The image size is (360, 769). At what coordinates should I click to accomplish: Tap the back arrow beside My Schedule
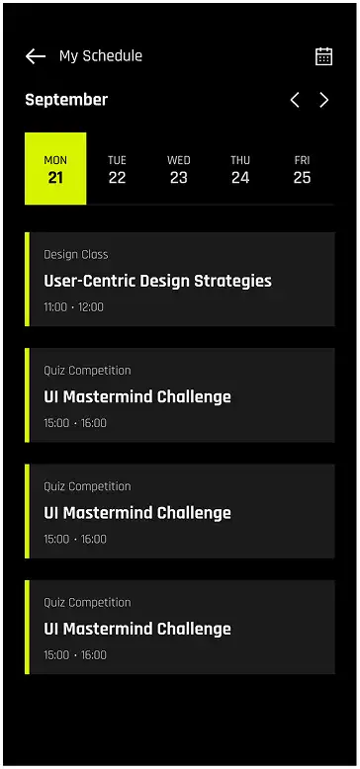(x=36, y=56)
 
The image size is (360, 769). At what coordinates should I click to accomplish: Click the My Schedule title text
(x=101, y=56)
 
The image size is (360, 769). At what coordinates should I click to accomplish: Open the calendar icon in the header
(x=323, y=56)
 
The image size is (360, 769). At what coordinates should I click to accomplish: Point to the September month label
(x=66, y=100)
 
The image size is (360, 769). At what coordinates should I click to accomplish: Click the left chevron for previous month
(x=294, y=100)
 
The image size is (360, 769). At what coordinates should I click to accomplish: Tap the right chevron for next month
(x=323, y=100)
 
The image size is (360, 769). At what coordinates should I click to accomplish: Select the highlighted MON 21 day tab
(x=55, y=169)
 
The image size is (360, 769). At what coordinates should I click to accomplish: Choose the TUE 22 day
(x=117, y=169)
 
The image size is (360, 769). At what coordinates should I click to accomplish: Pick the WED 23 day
(x=179, y=169)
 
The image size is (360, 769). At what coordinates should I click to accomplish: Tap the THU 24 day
(x=240, y=169)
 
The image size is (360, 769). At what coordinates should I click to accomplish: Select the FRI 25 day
(x=302, y=169)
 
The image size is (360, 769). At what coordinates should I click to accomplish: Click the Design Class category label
(x=76, y=255)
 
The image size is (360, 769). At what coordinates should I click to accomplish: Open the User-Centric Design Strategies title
(x=157, y=281)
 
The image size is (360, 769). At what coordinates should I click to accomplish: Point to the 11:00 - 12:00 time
(x=73, y=307)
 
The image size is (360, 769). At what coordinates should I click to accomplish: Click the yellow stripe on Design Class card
(x=28, y=280)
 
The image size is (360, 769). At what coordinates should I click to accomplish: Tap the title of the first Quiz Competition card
(x=137, y=397)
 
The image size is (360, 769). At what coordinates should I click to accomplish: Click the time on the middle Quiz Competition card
(x=75, y=540)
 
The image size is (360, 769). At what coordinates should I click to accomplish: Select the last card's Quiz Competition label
(x=87, y=603)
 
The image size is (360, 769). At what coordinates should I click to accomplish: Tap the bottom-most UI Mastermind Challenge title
(x=137, y=630)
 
